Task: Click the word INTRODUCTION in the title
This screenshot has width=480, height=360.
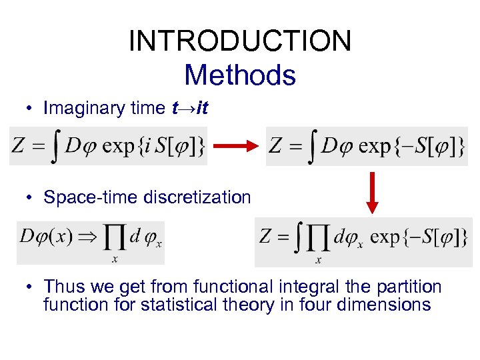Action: pyautogui.click(x=240, y=41)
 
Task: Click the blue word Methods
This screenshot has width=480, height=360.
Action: pyautogui.click(x=240, y=75)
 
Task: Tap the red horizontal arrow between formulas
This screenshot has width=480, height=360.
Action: pyautogui.click(x=237, y=146)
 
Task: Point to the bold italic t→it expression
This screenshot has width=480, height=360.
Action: pyautogui.click(x=190, y=107)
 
